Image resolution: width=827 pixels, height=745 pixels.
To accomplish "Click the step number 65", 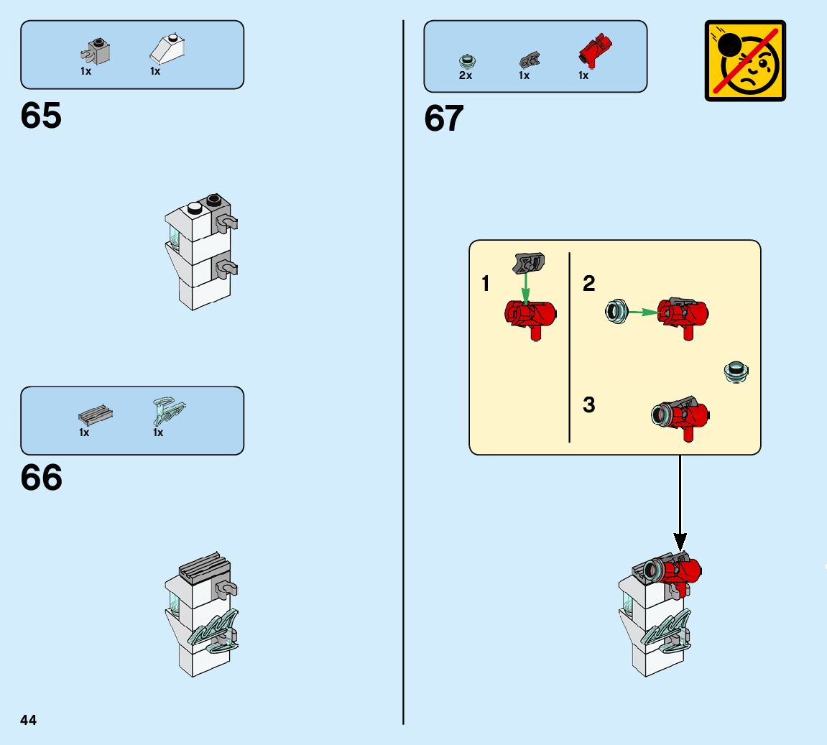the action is pos(41,116).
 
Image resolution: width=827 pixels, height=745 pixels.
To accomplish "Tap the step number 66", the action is pos(41,478).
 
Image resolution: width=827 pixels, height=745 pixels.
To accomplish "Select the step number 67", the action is pos(444,119).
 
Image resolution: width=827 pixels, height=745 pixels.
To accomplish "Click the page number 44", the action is pos(29,720).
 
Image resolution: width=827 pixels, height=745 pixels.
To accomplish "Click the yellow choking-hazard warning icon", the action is pos(745,60).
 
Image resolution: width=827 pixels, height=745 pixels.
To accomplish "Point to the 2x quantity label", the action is pos(466,75).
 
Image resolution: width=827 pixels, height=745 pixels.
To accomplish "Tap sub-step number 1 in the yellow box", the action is pos(486,284).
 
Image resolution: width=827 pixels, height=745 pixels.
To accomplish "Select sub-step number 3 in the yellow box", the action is pos(589,405).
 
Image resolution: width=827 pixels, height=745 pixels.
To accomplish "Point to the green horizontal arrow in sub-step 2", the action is pos(642,312).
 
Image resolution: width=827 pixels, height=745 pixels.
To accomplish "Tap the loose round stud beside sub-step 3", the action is pos(736,371).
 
